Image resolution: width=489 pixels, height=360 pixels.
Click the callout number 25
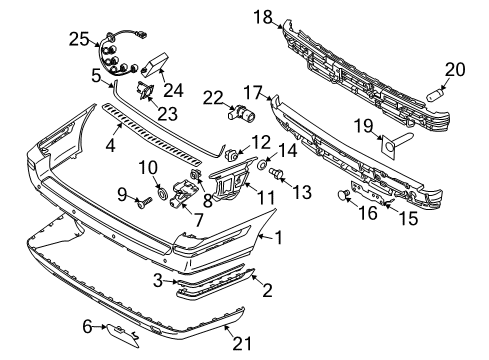tap(79, 39)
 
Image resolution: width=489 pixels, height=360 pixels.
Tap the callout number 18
tap(263, 17)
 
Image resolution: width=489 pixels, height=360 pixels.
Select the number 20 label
tap(455, 70)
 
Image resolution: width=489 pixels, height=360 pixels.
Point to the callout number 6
tap(87, 327)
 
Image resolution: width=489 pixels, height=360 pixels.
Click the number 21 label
tap(242, 344)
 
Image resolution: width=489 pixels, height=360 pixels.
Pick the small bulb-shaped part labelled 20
tap(435, 97)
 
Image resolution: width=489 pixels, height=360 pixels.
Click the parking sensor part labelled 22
tap(242, 112)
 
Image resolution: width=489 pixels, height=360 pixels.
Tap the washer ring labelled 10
tap(163, 193)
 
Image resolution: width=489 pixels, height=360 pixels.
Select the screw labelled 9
tap(144, 202)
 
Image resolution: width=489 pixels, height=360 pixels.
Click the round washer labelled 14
tap(262, 164)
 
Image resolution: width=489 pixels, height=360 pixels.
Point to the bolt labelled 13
tap(276, 173)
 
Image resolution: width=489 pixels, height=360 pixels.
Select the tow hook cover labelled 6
tap(122, 335)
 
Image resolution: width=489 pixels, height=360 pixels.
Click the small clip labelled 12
tap(231, 155)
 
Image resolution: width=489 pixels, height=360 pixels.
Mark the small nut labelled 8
tap(194, 175)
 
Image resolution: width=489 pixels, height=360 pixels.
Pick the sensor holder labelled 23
tap(145, 90)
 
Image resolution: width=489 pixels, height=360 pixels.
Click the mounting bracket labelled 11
tap(232, 181)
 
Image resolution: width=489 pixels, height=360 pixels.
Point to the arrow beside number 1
tap(266, 236)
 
